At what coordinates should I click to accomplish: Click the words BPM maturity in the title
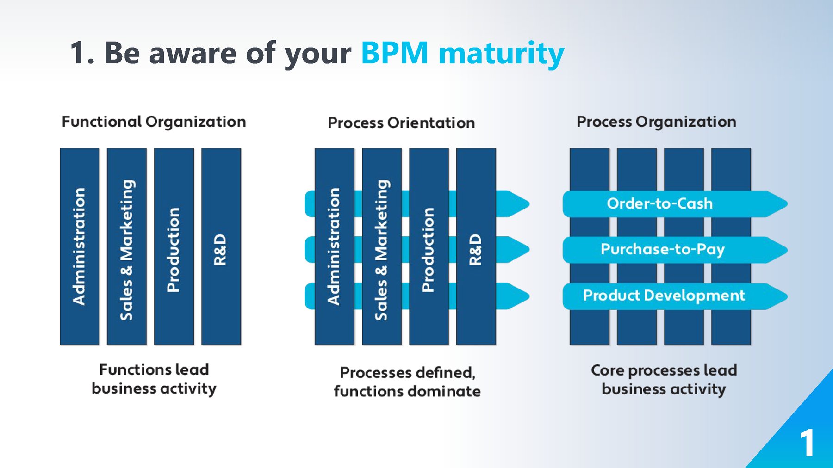(x=462, y=53)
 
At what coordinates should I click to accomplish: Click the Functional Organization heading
(x=154, y=122)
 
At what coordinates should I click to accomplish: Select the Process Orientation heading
(x=401, y=123)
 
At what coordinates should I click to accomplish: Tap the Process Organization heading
(x=656, y=122)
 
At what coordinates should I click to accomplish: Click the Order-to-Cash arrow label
(x=659, y=203)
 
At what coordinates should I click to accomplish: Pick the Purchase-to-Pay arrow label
(x=662, y=249)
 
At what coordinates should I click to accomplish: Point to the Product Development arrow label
(x=664, y=295)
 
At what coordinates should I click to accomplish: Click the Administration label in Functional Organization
(x=79, y=246)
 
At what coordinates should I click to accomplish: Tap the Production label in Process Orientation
(x=428, y=250)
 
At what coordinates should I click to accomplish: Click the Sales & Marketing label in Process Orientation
(x=381, y=250)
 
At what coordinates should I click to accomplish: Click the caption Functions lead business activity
(x=154, y=379)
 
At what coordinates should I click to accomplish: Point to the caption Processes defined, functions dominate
(x=407, y=382)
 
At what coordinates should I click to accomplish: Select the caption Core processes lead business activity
(x=664, y=379)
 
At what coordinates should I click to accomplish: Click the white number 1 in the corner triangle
(x=807, y=443)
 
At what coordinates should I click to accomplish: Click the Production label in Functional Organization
(x=173, y=250)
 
